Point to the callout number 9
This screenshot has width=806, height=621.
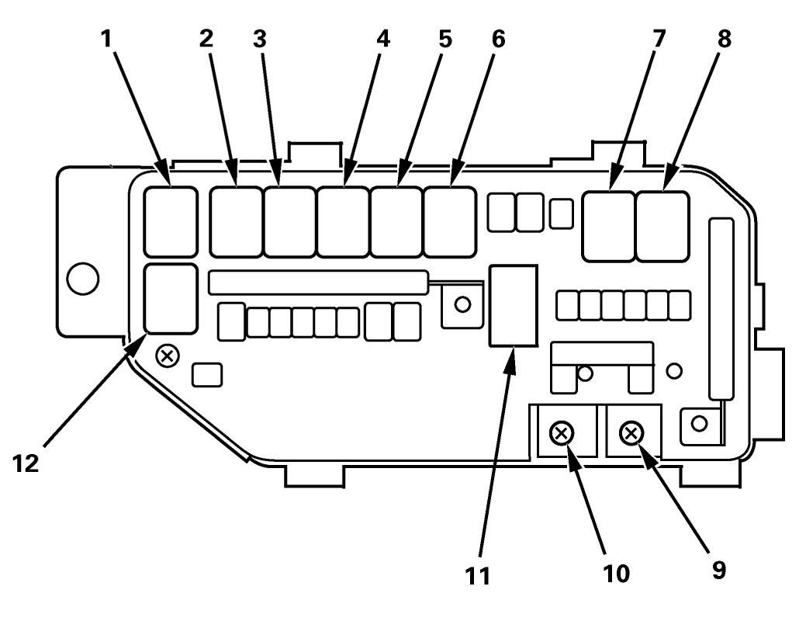(719, 569)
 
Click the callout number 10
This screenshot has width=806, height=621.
(618, 572)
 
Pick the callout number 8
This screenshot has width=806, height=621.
(724, 39)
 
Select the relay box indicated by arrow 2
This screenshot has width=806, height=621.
(236, 221)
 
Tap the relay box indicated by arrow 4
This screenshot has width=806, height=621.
(342, 221)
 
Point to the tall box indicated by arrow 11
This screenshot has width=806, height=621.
(513, 306)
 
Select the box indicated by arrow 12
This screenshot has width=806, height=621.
(170, 298)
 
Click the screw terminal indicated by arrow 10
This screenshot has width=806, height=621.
(562, 433)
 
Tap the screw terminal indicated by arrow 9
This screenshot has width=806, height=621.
(632, 433)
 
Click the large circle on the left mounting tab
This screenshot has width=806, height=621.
(83, 279)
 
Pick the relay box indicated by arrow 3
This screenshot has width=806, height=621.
(289, 221)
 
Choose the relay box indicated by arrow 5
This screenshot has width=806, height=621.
(396, 221)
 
